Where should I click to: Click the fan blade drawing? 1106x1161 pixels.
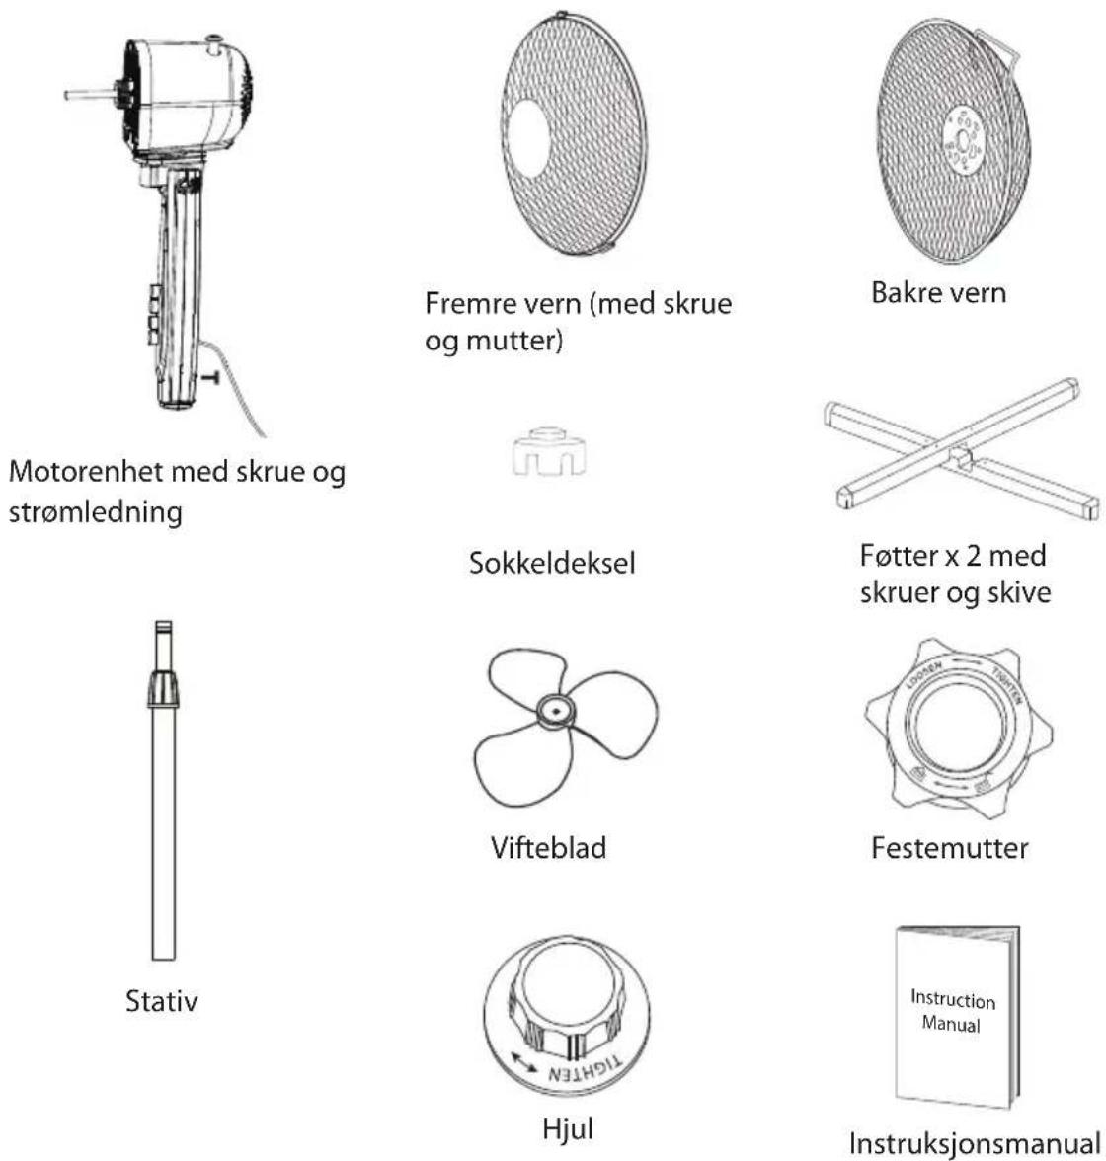(565, 727)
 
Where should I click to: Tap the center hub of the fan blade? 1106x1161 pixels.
(555, 712)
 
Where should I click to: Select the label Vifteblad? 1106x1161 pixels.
(548, 848)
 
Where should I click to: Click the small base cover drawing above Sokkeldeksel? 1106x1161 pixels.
(549, 452)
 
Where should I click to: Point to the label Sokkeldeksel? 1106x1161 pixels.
(552, 563)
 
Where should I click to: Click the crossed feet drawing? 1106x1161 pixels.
(961, 449)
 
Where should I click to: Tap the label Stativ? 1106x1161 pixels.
(162, 1001)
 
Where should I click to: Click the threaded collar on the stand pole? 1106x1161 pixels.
(163, 689)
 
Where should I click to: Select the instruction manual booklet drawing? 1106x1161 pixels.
(956, 1016)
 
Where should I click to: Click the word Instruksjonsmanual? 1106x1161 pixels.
(975, 1142)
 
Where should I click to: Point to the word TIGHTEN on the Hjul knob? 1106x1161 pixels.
(585, 1069)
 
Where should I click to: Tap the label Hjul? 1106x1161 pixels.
(568, 1129)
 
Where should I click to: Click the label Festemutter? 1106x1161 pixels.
(950, 848)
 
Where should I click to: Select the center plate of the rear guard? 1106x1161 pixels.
(962, 140)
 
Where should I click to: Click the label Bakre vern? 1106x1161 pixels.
(938, 292)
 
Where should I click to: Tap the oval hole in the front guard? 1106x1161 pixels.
(529, 138)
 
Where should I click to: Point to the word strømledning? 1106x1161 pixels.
(96, 512)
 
